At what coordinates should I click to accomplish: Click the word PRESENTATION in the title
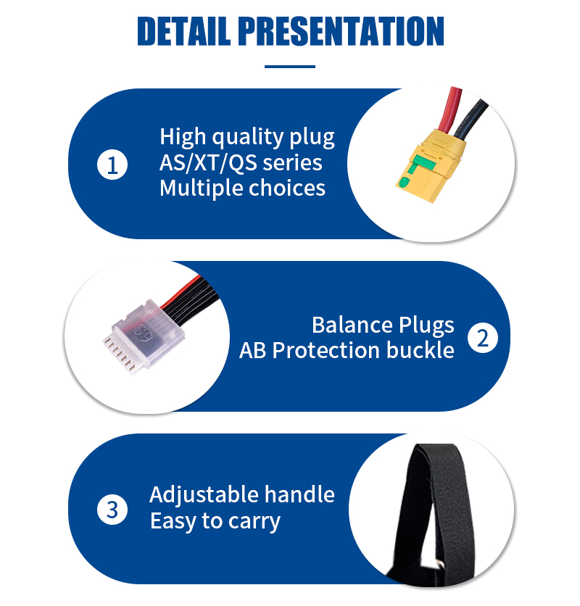341,31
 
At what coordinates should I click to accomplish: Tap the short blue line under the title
290,67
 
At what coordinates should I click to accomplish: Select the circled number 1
112,165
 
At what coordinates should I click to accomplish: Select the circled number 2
483,339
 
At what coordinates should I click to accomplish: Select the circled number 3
112,510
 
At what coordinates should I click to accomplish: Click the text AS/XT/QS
204,162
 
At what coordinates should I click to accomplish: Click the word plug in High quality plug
312,138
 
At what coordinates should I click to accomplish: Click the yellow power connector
427,166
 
